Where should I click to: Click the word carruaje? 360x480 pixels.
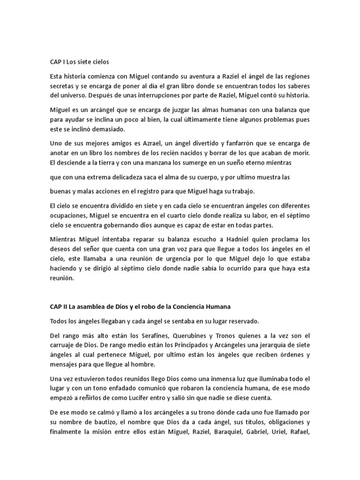click(x=63, y=345)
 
